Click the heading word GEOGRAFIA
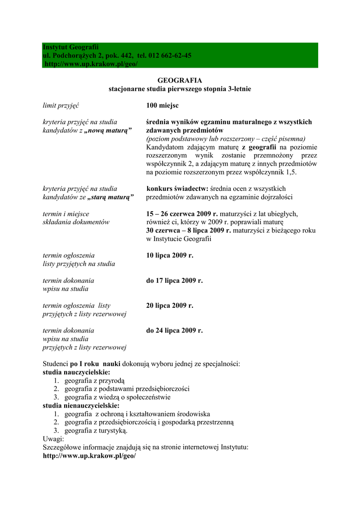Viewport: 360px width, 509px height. (180, 80)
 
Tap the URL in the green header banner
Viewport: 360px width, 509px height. (91, 64)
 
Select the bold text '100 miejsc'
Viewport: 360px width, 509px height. (163, 105)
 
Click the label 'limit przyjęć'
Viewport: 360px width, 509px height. (61, 105)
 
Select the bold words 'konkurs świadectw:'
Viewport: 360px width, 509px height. (177, 188)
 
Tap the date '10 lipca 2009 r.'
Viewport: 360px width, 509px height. (170, 255)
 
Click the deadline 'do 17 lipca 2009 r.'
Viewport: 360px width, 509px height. (175, 280)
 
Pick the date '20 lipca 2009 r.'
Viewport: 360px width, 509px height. (170, 305)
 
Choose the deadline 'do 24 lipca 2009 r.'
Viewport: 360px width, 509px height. (175, 330)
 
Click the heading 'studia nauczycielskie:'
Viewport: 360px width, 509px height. (77, 372)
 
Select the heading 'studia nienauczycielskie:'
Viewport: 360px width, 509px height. (81, 406)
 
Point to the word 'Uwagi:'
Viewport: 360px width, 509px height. (53, 439)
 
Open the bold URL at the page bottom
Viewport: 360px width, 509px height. (89, 456)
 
